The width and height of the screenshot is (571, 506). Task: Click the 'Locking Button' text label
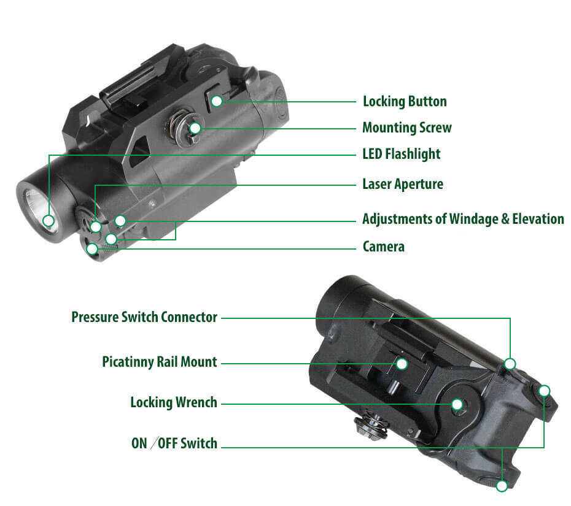coord(405,101)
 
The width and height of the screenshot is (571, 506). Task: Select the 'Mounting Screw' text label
coord(407,128)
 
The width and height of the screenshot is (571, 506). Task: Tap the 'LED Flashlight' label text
coord(402,154)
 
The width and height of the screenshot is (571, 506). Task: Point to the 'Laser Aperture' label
coord(403,184)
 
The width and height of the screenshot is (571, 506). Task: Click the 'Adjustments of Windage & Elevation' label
coord(463,219)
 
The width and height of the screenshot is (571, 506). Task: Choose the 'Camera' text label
coord(384,247)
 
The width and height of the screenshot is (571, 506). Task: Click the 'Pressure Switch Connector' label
coord(144,317)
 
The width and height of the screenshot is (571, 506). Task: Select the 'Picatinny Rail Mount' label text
coord(160,362)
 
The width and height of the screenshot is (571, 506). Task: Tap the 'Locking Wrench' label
coord(174,402)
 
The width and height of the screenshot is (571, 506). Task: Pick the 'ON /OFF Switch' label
coord(174,443)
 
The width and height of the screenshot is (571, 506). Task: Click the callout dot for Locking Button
coord(217,101)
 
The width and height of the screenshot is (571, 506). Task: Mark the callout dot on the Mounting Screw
coord(195,128)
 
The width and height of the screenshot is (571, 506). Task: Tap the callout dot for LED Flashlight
coord(49,221)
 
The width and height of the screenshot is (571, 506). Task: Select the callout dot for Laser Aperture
coord(96,227)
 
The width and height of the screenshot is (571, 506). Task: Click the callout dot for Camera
coord(93,249)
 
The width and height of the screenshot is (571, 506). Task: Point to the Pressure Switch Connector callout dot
coord(510,364)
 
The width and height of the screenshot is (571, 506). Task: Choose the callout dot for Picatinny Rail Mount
coord(402,364)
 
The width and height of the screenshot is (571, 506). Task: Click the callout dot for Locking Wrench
coord(457,404)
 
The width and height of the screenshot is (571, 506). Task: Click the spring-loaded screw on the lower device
coord(371,424)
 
